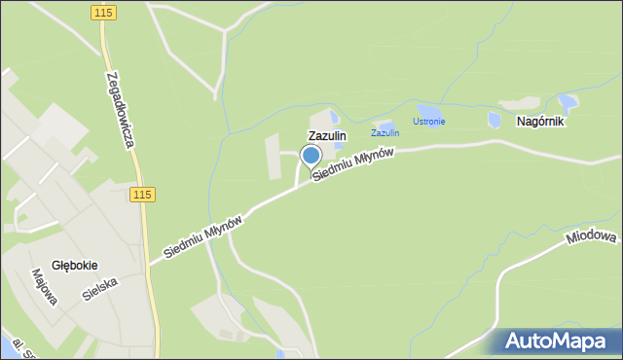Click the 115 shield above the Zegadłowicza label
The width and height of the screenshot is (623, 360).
point(105,12)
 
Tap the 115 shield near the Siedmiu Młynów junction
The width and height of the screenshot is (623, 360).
point(142,195)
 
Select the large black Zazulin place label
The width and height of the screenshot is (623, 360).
point(327,137)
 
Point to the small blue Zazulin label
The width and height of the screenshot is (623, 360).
point(385,133)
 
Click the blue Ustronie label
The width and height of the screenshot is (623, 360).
point(428,122)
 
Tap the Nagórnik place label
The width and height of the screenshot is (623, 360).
point(540,123)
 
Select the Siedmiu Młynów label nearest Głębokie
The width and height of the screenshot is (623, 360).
point(202,237)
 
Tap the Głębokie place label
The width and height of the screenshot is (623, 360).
point(74,265)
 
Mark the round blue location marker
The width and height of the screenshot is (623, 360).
point(311,156)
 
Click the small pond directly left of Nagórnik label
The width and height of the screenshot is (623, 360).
point(495,120)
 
